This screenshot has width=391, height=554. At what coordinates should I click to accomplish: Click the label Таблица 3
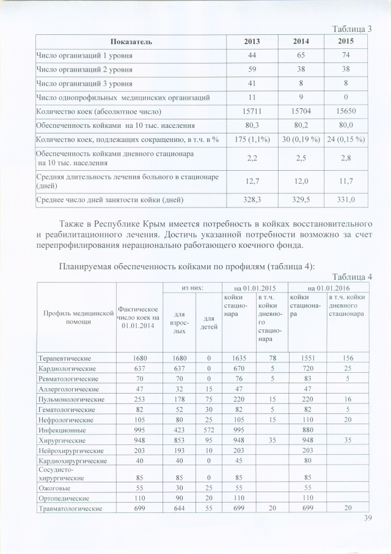(x=351, y=29)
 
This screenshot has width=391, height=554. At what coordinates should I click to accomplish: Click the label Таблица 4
(x=351, y=277)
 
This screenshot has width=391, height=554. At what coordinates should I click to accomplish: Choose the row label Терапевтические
(x=65, y=358)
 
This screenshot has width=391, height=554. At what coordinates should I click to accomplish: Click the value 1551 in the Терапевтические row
(x=307, y=358)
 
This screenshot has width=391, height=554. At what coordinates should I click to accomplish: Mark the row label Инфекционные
(x=61, y=430)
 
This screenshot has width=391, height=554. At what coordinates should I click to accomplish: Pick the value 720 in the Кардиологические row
(x=307, y=369)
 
